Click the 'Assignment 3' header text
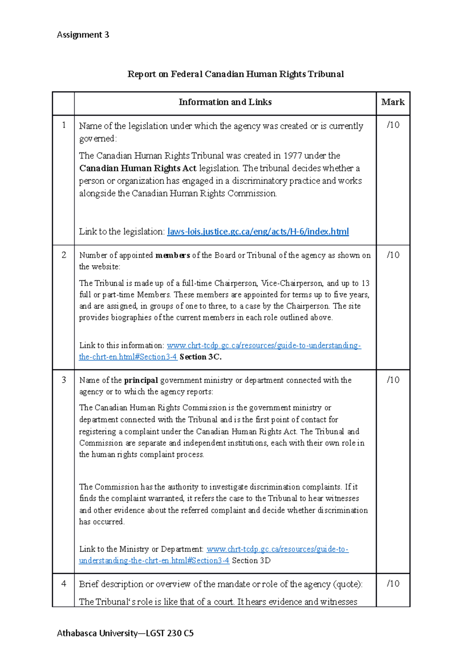(83, 35)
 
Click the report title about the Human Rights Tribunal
(235, 74)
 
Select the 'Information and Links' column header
(225, 102)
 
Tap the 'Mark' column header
(392, 102)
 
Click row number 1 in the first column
(64, 125)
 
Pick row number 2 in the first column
(64, 255)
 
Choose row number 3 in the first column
(64, 380)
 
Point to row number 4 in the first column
(64, 584)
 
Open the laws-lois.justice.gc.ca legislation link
(258, 232)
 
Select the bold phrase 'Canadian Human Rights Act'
(138, 169)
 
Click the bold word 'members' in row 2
(173, 255)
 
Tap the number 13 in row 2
(365, 283)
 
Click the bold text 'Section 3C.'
(201, 357)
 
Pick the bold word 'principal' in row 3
(141, 380)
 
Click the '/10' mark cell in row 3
(393, 380)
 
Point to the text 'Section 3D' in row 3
(251, 561)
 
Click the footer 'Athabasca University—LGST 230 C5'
(125, 633)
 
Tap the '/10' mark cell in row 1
(393, 125)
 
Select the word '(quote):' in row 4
(348, 584)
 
